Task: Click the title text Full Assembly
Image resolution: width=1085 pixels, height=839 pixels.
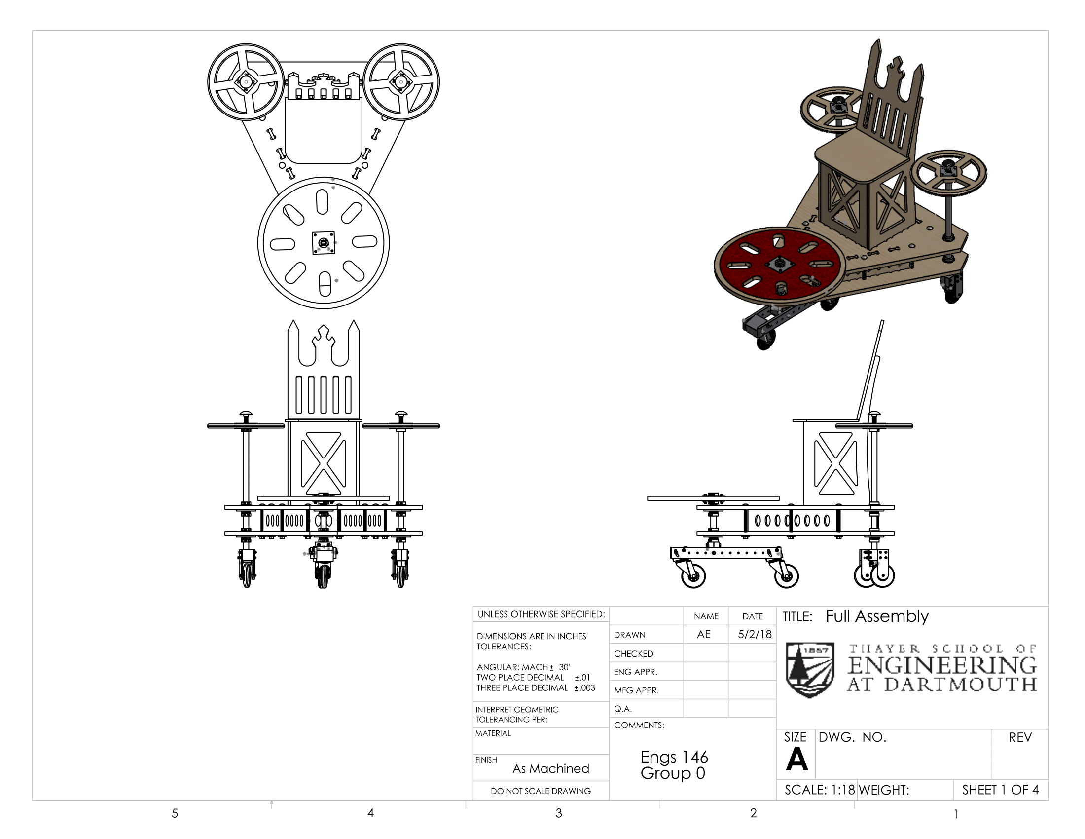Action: [877, 616]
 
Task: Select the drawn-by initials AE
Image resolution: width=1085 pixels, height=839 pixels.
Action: [703, 634]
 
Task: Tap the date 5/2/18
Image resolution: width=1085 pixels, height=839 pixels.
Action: [755, 634]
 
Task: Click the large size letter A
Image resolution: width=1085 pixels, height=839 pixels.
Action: [797, 760]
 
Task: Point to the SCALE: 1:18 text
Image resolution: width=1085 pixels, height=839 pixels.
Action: [819, 790]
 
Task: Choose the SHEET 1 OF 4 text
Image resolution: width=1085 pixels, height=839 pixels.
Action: [1000, 790]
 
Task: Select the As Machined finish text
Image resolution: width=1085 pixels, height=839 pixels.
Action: [550, 769]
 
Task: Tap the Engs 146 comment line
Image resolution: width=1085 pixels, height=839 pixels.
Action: [674, 757]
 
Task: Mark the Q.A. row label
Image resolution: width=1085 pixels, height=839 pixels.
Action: [623, 709]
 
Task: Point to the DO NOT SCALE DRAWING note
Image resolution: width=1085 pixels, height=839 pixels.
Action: [541, 791]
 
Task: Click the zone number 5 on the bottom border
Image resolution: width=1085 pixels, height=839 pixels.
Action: [175, 813]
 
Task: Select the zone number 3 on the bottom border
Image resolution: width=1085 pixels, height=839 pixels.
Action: [559, 813]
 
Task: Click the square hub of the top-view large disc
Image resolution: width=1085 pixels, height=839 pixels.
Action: [324, 243]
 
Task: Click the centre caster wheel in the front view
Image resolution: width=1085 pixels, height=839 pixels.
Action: [324, 576]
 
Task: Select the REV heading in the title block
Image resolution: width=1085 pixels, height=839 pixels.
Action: [1020, 738]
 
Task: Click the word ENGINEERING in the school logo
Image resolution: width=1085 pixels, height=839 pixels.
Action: [942, 666]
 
